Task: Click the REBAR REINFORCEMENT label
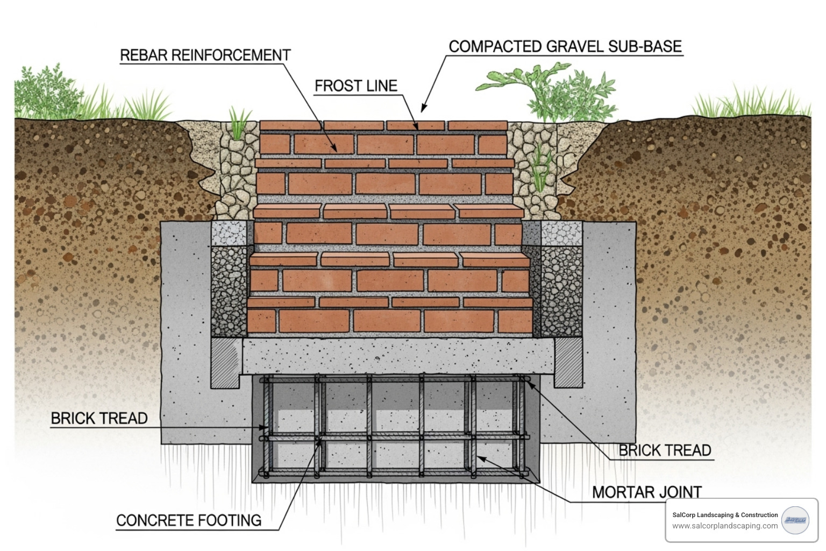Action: tap(205, 55)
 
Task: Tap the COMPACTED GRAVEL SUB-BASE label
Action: tap(565, 47)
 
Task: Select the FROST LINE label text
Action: tap(355, 86)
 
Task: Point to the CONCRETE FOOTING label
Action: tap(189, 520)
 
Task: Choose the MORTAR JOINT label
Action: tap(646, 492)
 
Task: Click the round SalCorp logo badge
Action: tap(795, 520)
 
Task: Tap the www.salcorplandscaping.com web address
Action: tap(724, 526)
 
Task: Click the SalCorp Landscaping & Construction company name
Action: tap(724, 515)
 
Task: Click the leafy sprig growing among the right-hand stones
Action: tap(540, 167)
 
